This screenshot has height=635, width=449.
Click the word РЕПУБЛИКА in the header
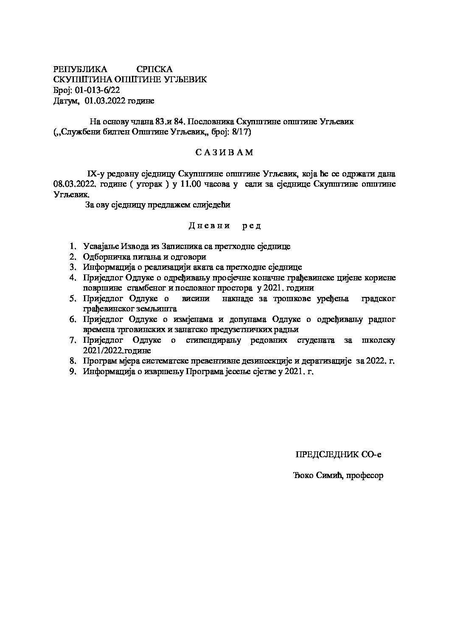coord(80,69)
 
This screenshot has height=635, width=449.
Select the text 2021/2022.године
coord(117,351)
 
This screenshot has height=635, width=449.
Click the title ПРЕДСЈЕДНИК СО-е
coord(338,455)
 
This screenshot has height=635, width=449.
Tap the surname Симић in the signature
coord(328,476)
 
